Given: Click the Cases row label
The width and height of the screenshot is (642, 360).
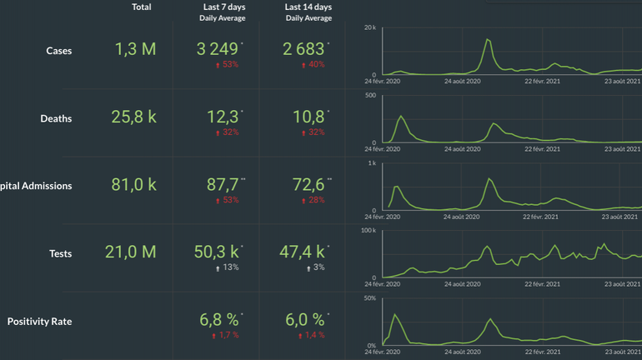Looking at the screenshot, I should (58, 51).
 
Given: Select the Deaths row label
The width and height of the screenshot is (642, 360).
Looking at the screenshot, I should (56, 118).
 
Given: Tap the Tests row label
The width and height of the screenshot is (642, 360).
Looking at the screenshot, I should (60, 252).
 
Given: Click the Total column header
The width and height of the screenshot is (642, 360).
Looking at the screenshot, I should (142, 7).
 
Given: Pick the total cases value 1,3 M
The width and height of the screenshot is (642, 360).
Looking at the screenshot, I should (135, 49).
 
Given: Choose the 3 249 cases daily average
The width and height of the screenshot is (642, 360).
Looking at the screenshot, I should (218, 49).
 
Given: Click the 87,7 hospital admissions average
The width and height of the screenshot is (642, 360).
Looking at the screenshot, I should (223, 184).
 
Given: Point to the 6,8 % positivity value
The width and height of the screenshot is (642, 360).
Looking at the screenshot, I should (219, 319).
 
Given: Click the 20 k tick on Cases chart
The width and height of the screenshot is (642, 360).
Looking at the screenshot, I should (371, 27).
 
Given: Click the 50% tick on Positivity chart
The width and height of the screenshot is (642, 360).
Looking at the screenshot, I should (370, 297).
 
